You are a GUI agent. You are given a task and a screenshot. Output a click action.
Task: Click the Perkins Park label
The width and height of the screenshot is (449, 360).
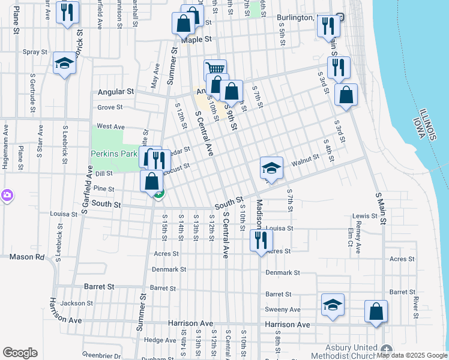[114, 154]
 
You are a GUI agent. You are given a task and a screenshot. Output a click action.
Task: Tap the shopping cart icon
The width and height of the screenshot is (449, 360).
[215, 69]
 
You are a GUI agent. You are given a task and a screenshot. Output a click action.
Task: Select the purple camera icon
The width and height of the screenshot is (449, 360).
[7, 195]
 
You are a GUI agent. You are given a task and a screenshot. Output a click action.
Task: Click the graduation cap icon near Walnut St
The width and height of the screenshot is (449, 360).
[271, 167]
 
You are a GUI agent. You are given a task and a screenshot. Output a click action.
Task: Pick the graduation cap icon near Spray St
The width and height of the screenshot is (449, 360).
[64, 63]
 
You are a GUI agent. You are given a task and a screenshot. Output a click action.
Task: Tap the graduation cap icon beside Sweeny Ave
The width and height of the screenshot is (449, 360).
[333, 304]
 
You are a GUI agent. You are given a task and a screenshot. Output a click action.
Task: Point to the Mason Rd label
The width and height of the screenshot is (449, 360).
[27, 257]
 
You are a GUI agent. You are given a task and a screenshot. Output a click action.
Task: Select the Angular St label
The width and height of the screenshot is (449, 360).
[115, 92]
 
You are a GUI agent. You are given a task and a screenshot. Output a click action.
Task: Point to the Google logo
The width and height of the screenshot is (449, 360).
[20, 353]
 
